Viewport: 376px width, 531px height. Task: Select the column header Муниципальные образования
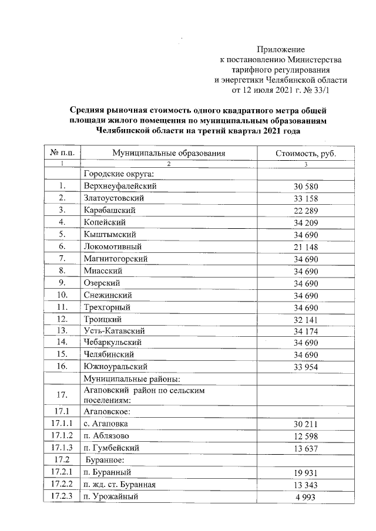[169, 153]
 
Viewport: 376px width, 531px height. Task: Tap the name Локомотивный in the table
[113, 247]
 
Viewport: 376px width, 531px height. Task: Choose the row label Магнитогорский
[115, 259]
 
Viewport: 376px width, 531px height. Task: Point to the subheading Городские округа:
[118, 174]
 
